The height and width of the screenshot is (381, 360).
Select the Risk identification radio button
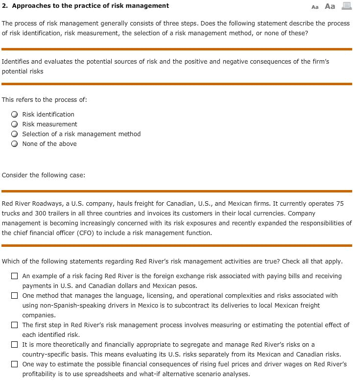coord(15,115)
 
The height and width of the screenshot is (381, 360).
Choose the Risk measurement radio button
coord(15,124)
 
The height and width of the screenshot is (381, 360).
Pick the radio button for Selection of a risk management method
coord(15,134)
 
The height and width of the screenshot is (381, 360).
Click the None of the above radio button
coord(15,144)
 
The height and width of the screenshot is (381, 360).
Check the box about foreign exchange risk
coord(15,276)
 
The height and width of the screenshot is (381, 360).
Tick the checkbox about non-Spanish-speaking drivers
coord(15,296)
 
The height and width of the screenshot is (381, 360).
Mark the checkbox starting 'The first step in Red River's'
coord(15,325)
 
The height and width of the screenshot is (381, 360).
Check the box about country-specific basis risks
coord(15,345)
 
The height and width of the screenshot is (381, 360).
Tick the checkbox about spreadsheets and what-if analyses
coord(15,364)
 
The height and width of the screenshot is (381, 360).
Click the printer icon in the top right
coord(347,6)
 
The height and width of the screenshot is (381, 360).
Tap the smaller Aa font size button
coord(315,7)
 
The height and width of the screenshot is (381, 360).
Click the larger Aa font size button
coord(330,6)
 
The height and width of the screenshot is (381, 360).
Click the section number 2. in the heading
coord(5,6)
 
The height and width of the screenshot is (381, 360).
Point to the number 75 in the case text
coord(339,204)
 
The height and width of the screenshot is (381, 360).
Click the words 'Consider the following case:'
coord(44,175)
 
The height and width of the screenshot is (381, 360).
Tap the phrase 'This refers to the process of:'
coord(45,100)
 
